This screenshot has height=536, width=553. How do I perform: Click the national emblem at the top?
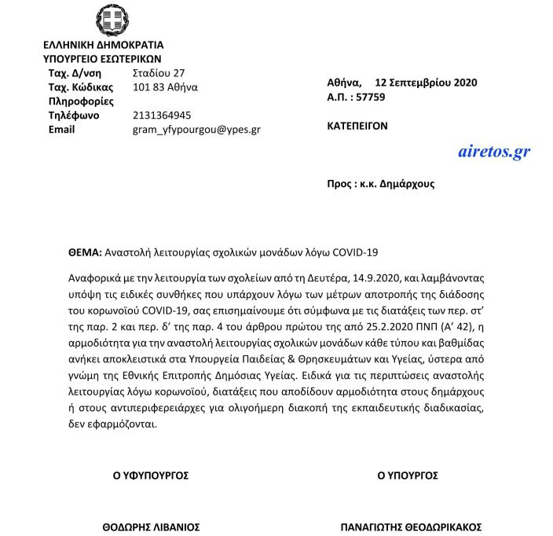point(108,20)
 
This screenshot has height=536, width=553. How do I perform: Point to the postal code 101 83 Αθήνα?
point(166,86)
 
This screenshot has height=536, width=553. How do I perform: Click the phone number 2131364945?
point(163,115)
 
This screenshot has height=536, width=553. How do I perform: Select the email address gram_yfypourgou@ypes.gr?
point(196,129)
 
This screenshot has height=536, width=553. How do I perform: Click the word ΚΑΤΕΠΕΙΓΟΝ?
point(357,126)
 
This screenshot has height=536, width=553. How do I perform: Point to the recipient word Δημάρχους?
point(408,183)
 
